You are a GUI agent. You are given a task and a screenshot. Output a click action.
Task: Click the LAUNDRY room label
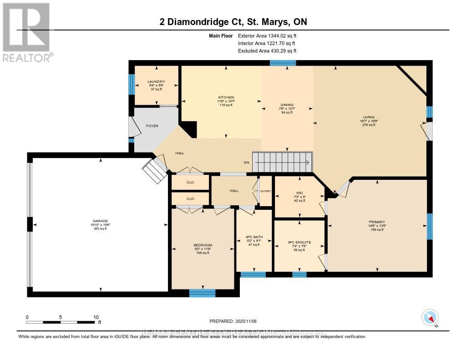click(156, 81)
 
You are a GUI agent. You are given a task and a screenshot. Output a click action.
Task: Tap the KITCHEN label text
click(226, 97)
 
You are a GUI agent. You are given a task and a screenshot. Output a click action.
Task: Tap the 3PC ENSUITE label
click(299, 242)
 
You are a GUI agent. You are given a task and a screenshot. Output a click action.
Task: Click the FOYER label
click(152, 126)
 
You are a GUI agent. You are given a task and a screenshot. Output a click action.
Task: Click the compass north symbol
click(430, 317)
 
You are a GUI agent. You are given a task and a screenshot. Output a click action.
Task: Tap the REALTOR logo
click(27, 32)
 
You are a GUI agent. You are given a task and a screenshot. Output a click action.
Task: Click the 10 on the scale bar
click(96, 317)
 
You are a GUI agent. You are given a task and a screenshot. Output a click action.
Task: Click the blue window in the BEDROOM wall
click(203, 293)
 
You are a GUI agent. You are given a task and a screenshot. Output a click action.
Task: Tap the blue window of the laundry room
click(132, 84)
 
